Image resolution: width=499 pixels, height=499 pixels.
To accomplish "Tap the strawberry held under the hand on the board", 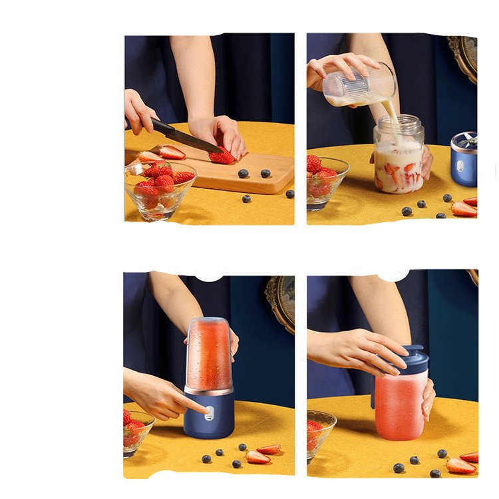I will pos(222,156).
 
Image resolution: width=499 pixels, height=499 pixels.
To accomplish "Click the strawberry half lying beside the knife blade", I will pos(172,152).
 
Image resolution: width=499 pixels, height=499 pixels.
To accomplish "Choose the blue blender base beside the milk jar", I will pos(464,160).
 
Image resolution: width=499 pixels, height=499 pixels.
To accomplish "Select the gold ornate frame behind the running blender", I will pos(281,303).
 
